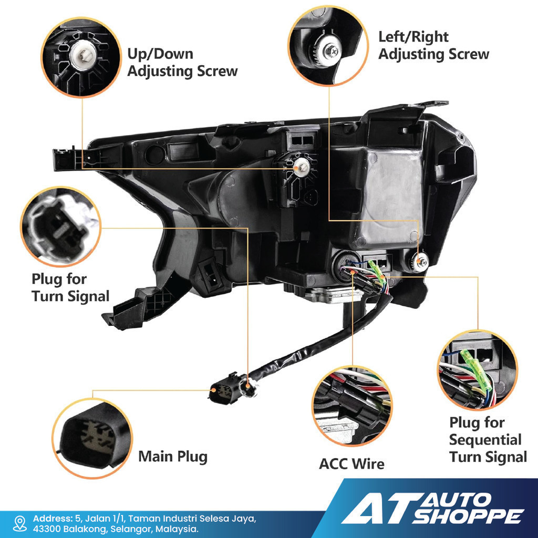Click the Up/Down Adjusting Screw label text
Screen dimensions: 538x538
[182, 63]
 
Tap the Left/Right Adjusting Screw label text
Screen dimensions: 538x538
[433, 46]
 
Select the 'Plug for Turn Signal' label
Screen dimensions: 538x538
[70, 287]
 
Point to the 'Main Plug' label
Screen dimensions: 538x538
[173, 457]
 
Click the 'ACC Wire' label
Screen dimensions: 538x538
[351, 464]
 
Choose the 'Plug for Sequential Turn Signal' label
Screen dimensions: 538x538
[488, 440]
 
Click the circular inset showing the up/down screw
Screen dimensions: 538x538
[81, 57]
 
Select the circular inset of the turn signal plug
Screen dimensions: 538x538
[61, 227]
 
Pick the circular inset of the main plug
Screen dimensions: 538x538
[92, 438]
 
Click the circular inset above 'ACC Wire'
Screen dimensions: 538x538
[352, 406]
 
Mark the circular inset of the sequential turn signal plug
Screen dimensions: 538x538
[478, 370]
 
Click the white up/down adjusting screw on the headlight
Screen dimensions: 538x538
[302, 167]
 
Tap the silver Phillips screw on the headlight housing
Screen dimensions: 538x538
[421, 262]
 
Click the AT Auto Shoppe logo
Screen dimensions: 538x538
[432, 509]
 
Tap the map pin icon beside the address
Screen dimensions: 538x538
[20, 524]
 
